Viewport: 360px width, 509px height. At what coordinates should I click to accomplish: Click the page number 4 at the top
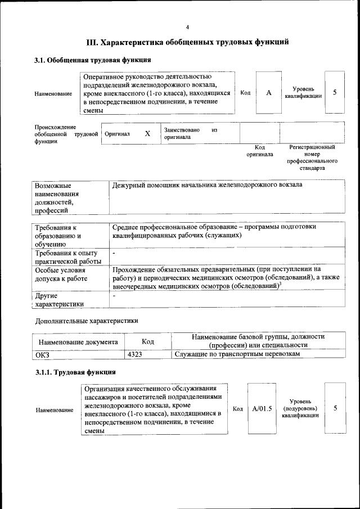tap(187, 27)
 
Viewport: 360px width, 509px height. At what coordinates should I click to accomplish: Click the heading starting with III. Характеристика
tap(187, 42)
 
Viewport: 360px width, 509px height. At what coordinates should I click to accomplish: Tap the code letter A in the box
tap(269, 93)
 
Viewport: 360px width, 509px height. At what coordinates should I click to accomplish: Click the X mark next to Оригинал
tap(147, 134)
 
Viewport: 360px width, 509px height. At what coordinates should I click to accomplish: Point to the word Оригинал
tap(118, 134)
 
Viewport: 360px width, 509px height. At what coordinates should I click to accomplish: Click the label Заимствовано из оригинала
tap(190, 134)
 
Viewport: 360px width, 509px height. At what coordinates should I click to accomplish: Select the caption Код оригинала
tap(260, 150)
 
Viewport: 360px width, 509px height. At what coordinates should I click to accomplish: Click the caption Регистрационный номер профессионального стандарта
tap(312, 157)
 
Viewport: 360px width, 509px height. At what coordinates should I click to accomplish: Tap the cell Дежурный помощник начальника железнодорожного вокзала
tap(207, 184)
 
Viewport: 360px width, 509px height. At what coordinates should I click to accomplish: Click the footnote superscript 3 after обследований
tap(280, 283)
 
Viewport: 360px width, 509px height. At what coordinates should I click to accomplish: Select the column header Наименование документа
tap(78, 341)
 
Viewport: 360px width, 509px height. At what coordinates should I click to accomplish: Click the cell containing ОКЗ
tap(43, 354)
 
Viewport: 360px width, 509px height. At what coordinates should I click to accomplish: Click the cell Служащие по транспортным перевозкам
tap(237, 354)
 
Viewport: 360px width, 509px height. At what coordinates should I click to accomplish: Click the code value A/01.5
tap(262, 409)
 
